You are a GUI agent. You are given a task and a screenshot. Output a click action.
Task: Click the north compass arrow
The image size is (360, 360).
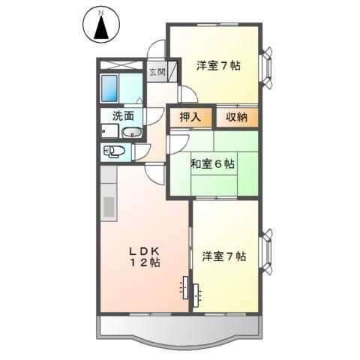[x=104, y=28]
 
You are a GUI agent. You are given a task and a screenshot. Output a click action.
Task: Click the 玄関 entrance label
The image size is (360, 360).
[x=157, y=72]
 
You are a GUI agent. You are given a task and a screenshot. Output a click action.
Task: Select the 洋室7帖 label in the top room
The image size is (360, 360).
[x=218, y=66]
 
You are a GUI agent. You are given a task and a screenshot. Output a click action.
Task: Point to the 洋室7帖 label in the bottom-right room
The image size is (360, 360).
[x=223, y=256]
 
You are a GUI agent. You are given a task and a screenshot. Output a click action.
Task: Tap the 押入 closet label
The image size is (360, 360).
[x=190, y=117]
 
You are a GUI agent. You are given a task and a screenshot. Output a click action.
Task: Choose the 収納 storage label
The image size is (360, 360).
[x=238, y=117]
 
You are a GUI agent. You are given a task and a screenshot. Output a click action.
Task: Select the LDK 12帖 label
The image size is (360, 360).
[x=142, y=256]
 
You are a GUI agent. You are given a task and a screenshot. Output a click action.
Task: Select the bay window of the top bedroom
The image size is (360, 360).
[x=267, y=64]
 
